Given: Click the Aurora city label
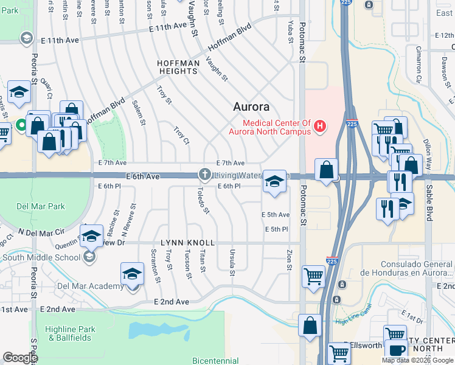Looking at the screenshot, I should coord(251,107).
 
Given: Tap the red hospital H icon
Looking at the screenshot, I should coord(320,127).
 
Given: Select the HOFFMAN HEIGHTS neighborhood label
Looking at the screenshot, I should coord(178,67).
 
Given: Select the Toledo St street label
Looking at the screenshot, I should coord(203,201).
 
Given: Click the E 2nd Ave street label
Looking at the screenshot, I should coord(172,302).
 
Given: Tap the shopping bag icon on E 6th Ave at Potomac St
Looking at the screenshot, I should coord(327,169).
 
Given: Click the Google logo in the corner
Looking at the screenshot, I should coord(20,358).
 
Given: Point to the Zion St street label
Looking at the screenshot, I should coord(290,259).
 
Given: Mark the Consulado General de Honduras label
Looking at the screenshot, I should coord(417,269).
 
